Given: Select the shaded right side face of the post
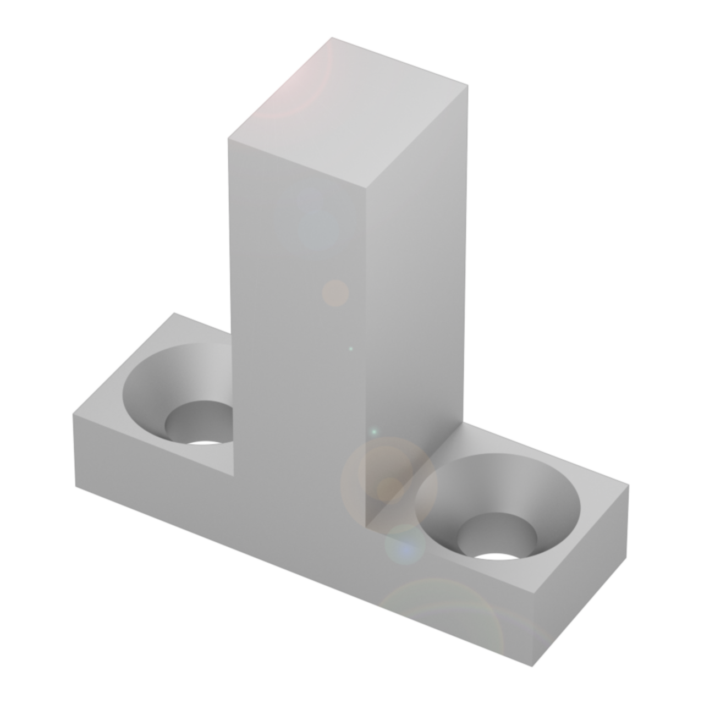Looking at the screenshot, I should [x=415, y=286].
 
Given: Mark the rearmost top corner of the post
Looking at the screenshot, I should [x=332, y=37].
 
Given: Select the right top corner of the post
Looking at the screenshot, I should [x=468, y=86].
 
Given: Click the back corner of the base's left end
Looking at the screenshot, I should [x=175, y=313].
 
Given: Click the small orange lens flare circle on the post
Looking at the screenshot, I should [x=335, y=293].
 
